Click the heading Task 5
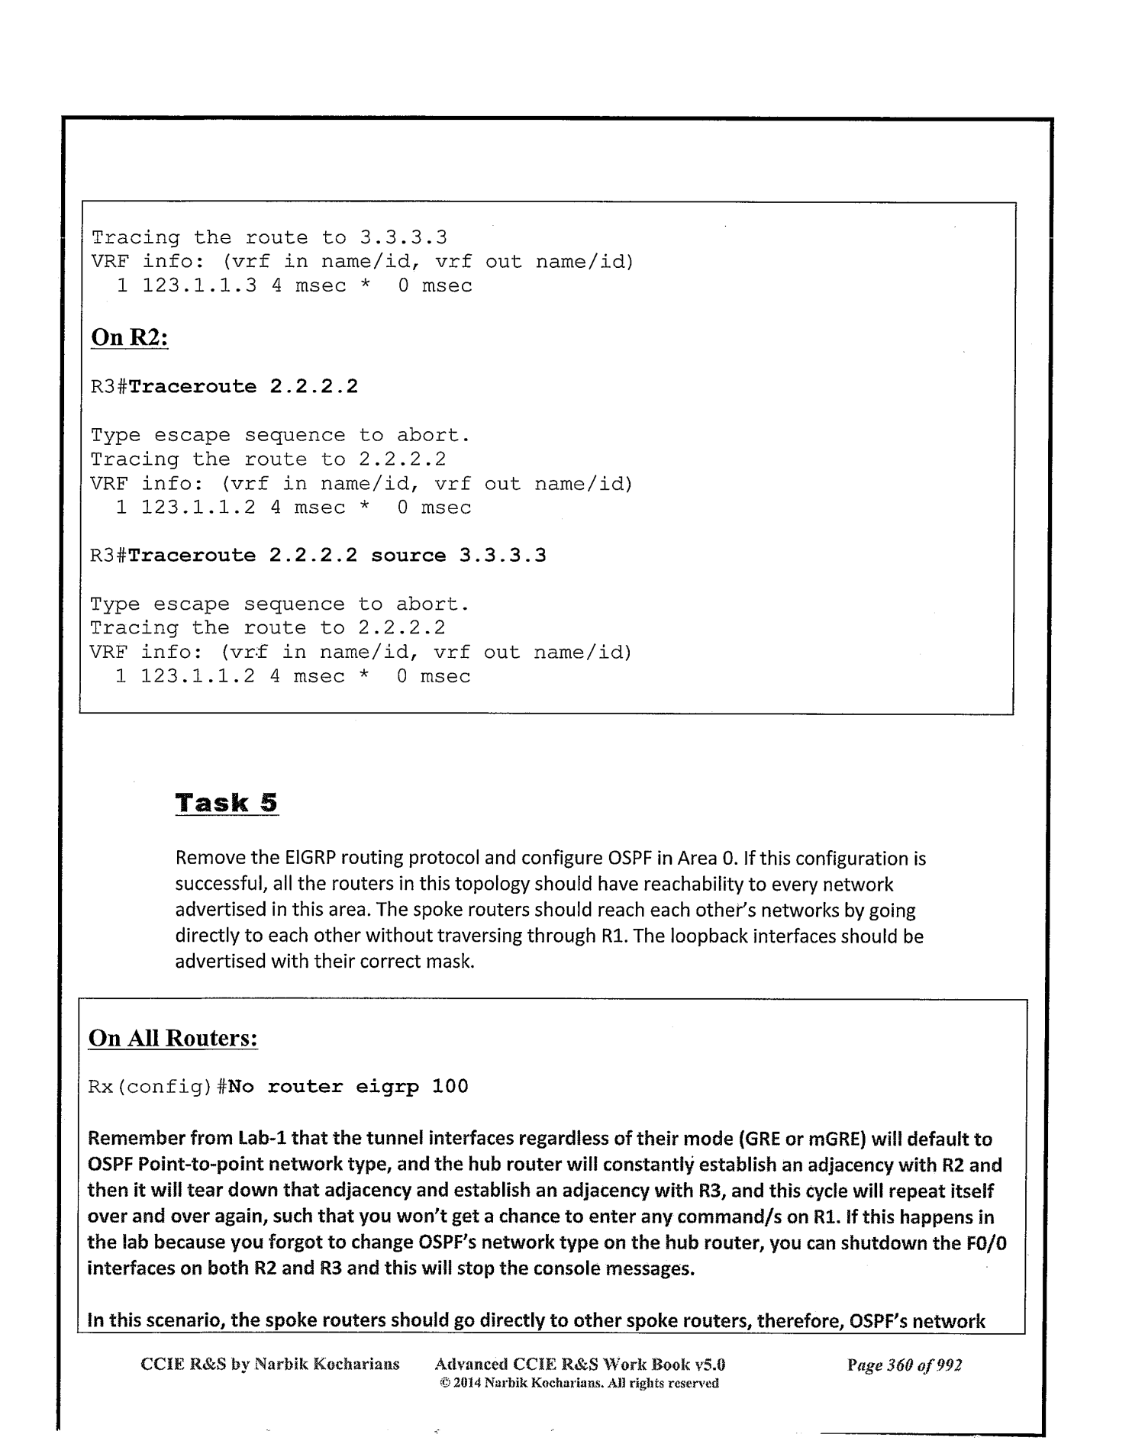(x=227, y=803)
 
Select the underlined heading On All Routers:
(x=173, y=1038)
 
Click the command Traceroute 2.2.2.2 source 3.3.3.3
(x=337, y=556)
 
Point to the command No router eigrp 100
(x=348, y=1086)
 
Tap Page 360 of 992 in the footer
(x=905, y=1365)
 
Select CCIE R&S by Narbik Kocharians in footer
(x=270, y=1365)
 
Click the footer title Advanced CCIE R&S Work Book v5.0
(x=579, y=1365)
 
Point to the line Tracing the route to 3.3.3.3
(x=269, y=237)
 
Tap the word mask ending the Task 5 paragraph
(x=453, y=961)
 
